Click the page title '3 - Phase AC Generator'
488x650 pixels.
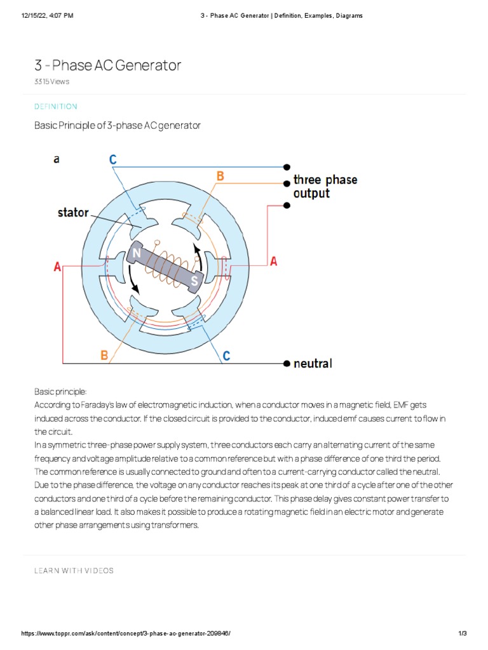107,65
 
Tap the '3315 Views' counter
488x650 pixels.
51,82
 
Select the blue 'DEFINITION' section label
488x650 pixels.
55,107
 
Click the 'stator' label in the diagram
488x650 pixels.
73,213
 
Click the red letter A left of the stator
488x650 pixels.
58,268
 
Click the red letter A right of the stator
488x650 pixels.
274,261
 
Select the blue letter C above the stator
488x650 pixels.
112,160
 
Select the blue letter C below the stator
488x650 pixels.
226,356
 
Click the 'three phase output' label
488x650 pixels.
325,187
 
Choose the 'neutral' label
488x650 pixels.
312,364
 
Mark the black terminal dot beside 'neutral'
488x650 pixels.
287,364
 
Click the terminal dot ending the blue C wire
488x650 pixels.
287,166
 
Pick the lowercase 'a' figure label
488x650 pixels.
57,159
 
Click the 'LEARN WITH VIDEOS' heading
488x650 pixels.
74,571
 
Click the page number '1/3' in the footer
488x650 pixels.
462,633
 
